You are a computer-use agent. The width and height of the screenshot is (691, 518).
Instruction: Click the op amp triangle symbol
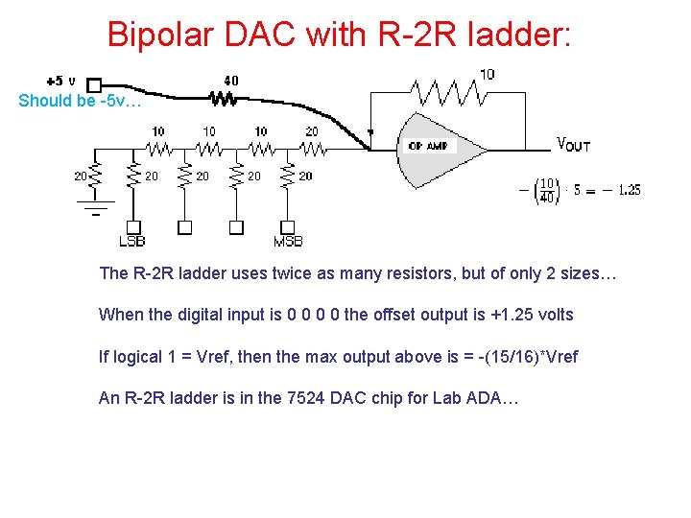tap(437, 149)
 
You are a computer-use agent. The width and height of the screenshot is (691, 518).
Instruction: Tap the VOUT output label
tap(574, 146)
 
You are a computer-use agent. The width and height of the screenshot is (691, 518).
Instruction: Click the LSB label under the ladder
tap(131, 241)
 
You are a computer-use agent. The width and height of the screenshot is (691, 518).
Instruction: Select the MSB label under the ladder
tap(288, 241)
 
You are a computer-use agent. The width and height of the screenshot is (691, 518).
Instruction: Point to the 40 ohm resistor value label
tap(231, 81)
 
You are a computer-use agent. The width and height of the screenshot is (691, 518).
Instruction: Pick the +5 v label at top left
tap(60, 81)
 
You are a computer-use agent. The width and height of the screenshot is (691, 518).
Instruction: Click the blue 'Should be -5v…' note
tap(80, 101)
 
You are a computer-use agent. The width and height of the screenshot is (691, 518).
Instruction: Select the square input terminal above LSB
tap(133, 227)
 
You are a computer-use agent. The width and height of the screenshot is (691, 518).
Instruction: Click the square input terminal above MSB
tap(287, 227)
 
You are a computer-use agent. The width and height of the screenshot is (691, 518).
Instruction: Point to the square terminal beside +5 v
tap(93, 84)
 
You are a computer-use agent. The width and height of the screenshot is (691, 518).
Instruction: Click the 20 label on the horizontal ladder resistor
tap(312, 131)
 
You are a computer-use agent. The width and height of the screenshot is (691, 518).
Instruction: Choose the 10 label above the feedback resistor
tap(488, 74)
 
